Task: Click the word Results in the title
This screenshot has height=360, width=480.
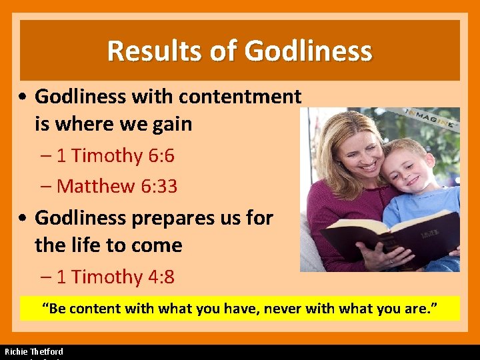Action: pyautogui.click(x=147, y=51)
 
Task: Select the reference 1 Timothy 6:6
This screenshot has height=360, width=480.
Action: pyautogui.click(x=115, y=156)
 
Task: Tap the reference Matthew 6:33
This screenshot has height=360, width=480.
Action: pyautogui.click(x=117, y=187)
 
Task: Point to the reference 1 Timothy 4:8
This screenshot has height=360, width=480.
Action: pyautogui.click(x=115, y=277)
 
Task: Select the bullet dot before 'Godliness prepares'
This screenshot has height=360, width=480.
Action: pyautogui.click(x=24, y=219)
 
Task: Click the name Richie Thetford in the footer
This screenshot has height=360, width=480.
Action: pyautogui.click(x=34, y=351)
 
